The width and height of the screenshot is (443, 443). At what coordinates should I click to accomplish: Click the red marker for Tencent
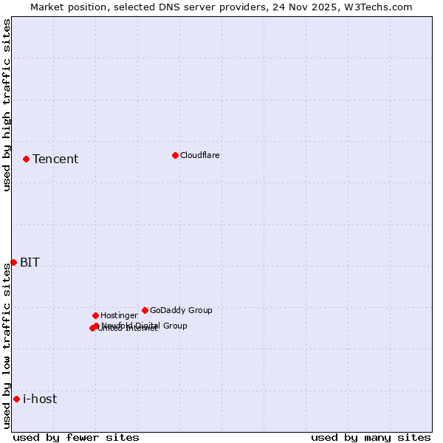(26, 159)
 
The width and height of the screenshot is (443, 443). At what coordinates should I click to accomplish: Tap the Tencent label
(55, 159)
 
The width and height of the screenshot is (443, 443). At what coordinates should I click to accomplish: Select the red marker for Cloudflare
(175, 155)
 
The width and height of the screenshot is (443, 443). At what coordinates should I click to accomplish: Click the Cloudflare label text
(200, 156)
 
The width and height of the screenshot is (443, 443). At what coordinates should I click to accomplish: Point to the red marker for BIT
(13, 262)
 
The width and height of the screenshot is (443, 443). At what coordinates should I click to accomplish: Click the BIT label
(30, 263)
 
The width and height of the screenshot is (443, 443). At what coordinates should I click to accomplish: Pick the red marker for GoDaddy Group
(145, 310)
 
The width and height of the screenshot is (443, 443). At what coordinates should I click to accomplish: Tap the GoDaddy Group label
(181, 311)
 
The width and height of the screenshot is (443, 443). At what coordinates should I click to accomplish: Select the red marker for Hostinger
(95, 315)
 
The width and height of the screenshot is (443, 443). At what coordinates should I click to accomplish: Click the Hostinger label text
(119, 316)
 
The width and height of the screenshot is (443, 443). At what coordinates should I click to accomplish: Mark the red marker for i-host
(16, 399)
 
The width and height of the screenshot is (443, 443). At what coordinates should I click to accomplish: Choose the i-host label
(40, 399)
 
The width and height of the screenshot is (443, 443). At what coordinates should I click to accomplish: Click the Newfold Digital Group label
(145, 326)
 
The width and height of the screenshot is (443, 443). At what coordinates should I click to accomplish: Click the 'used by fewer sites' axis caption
(76, 437)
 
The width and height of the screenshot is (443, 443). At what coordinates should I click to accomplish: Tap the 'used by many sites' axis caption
(371, 437)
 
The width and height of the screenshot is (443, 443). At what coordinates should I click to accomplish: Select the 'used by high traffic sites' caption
(7, 105)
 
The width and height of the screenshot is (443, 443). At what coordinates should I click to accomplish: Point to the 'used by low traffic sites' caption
(7, 345)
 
